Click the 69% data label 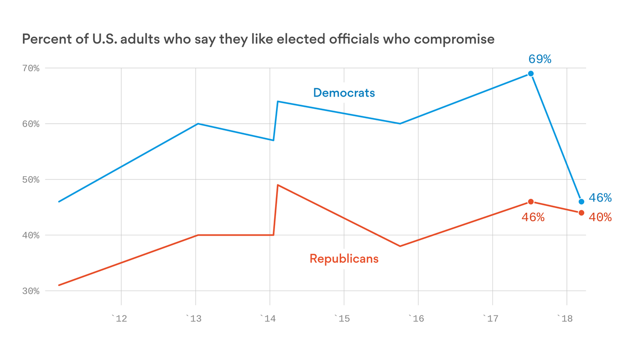point(540,59)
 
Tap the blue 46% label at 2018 point(600,198)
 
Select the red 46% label point(533,217)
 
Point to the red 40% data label point(600,217)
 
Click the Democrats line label point(344,93)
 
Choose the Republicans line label point(344,258)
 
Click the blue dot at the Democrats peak point(531,74)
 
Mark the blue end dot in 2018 point(581,202)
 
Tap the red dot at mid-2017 point(531,202)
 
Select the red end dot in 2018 point(581,213)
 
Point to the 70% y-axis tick point(30,68)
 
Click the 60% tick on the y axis point(30,124)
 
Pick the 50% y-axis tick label point(30,180)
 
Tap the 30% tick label point(30,291)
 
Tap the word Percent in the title point(42,39)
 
